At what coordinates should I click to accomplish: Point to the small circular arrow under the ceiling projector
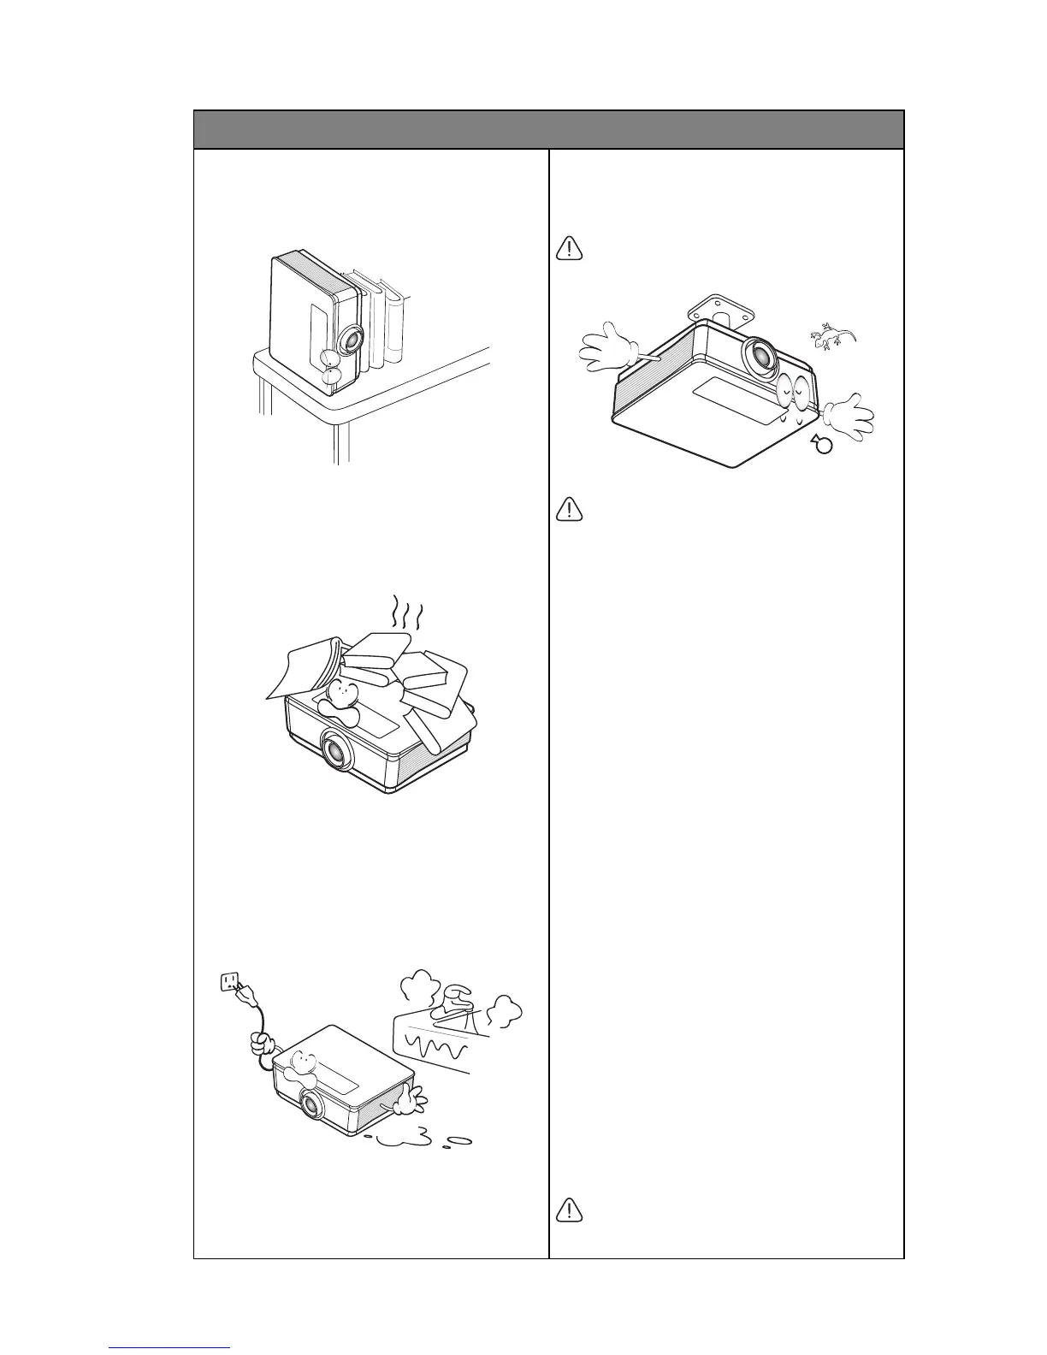(822, 444)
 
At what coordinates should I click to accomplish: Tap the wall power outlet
(229, 982)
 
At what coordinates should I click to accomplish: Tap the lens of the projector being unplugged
(311, 1105)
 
